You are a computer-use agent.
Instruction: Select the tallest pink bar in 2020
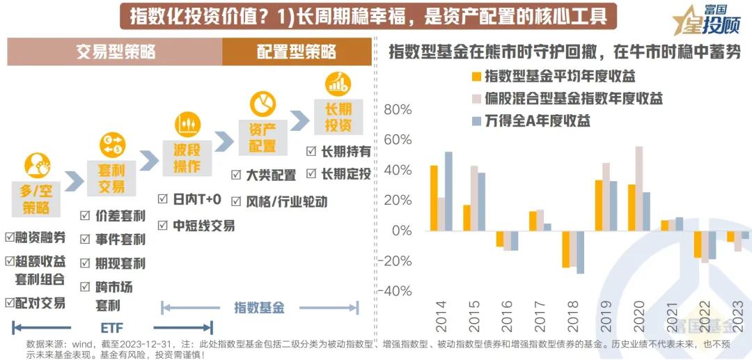point(639,188)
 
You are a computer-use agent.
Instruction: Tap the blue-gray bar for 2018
point(580,251)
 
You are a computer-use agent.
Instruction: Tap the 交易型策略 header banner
point(115,52)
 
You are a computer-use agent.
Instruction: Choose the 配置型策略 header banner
point(297,52)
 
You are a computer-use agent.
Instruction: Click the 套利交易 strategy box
point(111,177)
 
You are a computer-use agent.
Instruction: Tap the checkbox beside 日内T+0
point(162,200)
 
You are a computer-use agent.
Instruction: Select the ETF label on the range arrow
point(112,327)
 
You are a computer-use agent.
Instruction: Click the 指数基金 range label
point(259,307)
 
